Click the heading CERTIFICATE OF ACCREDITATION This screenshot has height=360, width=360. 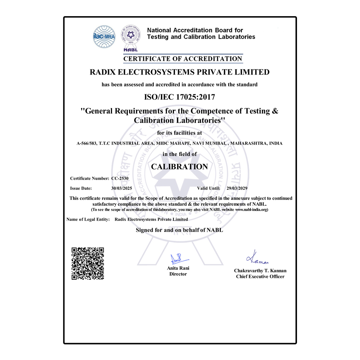coord(183,59)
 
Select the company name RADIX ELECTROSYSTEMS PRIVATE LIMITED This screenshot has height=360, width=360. coord(180,72)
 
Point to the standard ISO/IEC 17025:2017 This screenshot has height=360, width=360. coord(180,96)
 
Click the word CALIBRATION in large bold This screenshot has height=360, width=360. coord(179,167)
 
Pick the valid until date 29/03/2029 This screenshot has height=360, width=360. coord(237,188)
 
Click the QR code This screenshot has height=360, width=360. coord(88,264)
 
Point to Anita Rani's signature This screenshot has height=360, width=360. coord(179,259)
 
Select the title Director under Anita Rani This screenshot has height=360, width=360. coord(178,274)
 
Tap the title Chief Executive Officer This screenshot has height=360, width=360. coord(260,276)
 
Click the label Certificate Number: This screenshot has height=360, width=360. coord(90,178)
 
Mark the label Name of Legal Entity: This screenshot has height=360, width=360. coord(88,219)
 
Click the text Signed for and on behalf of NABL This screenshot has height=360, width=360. coord(179,230)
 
